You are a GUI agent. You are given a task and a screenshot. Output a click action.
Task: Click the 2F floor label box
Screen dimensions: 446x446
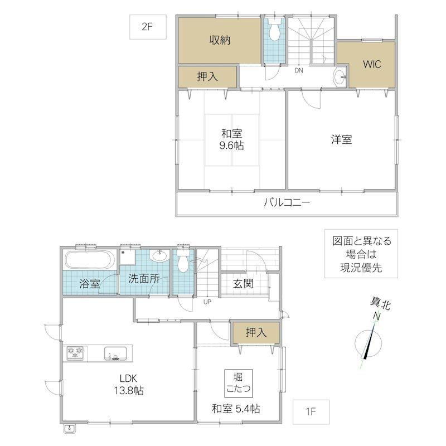click(x=148, y=27)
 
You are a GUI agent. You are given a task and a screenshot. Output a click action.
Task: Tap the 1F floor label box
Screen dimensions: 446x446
click(x=311, y=411)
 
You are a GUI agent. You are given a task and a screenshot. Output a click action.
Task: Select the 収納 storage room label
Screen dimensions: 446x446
click(x=220, y=40)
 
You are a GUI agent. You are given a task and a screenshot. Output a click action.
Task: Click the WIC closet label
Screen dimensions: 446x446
click(x=372, y=64)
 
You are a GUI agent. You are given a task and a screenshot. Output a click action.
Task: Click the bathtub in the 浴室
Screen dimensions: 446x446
click(x=90, y=260)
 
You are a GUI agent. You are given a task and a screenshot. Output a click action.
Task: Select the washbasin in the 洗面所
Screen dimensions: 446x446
click(x=159, y=255)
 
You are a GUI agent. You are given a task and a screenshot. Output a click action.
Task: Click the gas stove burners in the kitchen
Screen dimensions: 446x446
click(x=75, y=353)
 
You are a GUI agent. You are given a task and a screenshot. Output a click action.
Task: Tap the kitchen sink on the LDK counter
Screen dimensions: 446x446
click(x=115, y=353)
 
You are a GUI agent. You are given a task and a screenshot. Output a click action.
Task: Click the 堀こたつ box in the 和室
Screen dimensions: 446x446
click(x=239, y=384)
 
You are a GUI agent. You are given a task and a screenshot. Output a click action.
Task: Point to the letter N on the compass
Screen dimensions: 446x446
click(x=377, y=316)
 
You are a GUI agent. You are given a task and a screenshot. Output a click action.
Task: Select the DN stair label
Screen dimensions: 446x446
click(x=299, y=70)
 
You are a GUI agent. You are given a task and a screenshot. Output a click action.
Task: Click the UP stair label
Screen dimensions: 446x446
click(x=207, y=302)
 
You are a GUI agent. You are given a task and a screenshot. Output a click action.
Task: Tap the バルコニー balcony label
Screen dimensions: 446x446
click(x=287, y=202)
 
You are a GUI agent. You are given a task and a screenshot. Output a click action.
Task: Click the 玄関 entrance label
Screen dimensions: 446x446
click(x=243, y=283)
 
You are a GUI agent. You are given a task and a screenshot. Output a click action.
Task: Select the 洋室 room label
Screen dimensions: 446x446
click(x=341, y=139)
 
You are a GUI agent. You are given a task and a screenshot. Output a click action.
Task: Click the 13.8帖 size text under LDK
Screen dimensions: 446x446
click(x=129, y=391)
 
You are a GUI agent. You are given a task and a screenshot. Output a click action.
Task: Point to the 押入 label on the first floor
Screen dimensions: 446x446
click(x=256, y=332)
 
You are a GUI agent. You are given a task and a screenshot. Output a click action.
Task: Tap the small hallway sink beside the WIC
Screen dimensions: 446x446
click(x=340, y=77)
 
